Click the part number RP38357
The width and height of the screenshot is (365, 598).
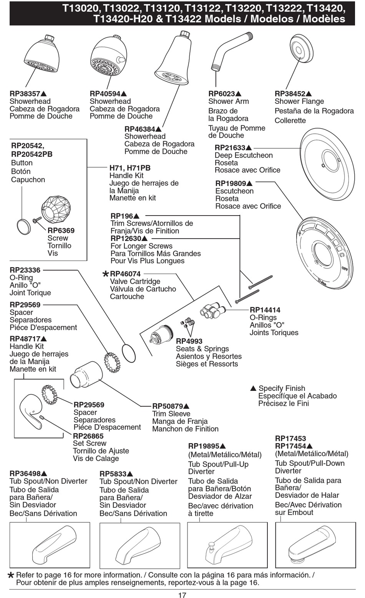coord(25,94)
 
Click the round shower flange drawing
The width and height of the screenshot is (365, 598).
coord(301,48)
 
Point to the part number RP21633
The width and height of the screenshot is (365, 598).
coord(230,148)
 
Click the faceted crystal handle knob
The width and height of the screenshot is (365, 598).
coord(56,209)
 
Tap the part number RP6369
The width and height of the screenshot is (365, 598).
coord(61,231)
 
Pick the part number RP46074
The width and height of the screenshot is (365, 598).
coord(125,274)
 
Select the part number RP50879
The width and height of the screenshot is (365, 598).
coord(168,406)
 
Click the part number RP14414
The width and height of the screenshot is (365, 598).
coord(265,310)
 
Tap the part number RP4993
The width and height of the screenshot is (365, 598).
coord(189,341)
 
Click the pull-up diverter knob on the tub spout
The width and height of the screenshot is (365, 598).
coord(211,545)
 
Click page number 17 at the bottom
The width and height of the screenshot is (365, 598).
coord(182,595)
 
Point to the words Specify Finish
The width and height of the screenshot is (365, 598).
coord(282,389)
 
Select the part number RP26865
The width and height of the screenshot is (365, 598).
coord(88,436)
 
